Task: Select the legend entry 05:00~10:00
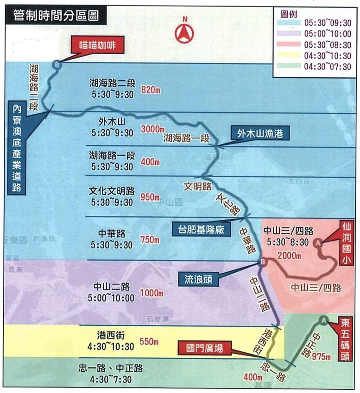(x=327, y=34)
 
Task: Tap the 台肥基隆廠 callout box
(x=198, y=229)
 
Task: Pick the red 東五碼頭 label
(x=345, y=338)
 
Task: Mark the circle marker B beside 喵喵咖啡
(x=57, y=65)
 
